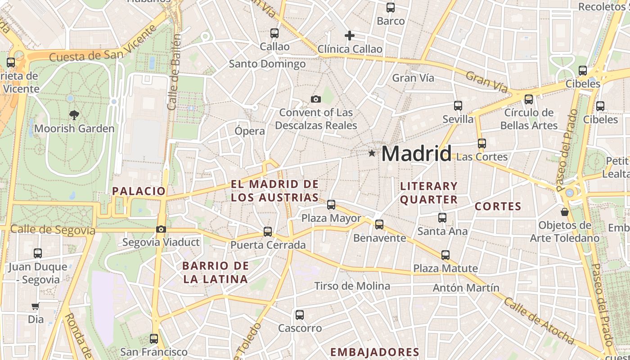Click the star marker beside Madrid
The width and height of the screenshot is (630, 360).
(x=372, y=153)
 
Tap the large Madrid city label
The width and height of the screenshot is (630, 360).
(x=416, y=154)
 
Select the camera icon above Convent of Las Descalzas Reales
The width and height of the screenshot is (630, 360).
(x=316, y=99)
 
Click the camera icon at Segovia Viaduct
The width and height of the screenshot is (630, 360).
(x=161, y=229)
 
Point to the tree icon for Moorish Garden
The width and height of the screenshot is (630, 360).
(x=74, y=115)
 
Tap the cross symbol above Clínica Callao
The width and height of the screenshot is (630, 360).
(x=350, y=36)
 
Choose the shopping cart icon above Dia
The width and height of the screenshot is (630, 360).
(x=36, y=306)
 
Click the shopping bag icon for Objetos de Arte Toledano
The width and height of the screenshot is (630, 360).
(x=564, y=211)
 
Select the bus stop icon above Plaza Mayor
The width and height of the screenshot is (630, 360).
(x=331, y=205)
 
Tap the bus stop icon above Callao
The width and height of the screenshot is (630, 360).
(x=274, y=33)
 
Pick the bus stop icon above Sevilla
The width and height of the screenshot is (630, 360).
(x=458, y=106)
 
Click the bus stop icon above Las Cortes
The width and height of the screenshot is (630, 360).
(x=482, y=144)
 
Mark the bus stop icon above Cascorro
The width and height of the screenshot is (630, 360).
(x=300, y=315)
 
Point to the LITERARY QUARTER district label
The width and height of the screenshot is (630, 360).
(x=429, y=193)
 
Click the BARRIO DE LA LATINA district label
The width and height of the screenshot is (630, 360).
(x=216, y=272)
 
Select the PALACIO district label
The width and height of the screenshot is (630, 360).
(x=139, y=191)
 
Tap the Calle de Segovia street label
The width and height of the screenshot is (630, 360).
(x=53, y=230)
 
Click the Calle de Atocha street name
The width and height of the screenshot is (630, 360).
(x=539, y=320)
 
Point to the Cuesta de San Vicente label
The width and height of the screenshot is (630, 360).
(x=103, y=49)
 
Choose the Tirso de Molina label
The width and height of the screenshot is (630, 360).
(x=352, y=286)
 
